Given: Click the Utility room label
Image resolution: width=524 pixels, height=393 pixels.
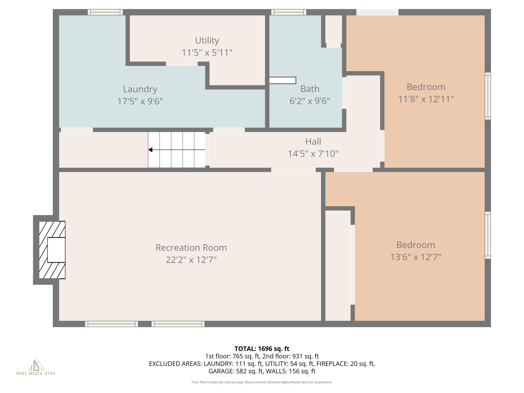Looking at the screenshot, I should [x=207, y=40].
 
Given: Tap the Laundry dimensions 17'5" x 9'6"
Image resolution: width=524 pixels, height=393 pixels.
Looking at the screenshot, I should [x=140, y=101].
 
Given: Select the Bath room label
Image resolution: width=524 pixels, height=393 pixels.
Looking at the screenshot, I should [x=310, y=89].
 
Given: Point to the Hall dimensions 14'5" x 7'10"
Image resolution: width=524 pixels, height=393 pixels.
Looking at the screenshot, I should [x=313, y=154].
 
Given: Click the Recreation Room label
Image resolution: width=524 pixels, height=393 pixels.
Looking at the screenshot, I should [x=191, y=248].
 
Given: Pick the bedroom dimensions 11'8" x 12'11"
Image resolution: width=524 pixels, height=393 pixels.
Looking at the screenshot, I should [x=426, y=99].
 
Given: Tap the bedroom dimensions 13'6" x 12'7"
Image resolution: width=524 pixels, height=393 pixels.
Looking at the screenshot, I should [x=416, y=257].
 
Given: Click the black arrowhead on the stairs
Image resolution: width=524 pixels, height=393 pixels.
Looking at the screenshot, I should [x=150, y=150].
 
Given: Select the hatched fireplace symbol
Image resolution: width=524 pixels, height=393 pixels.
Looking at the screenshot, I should [x=52, y=250].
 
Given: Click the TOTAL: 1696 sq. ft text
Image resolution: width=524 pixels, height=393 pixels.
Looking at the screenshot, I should [x=262, y=349].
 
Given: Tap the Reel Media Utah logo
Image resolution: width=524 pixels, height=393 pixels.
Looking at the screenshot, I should [x=36, y=366].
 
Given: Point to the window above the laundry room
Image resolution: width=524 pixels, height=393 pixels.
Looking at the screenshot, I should [x=105, y=12].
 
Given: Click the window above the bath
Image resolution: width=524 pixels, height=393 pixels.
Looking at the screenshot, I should [x=289, y=12].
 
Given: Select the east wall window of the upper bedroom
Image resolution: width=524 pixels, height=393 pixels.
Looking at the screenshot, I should [x=488, y=96].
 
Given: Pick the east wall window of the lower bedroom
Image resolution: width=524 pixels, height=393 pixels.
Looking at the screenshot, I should [x=488, y=235].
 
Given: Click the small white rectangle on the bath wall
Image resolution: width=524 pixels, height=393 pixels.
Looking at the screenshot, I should [x=282, y=80].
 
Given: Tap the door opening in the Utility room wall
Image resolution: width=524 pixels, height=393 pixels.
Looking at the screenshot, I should [x=182, y=64].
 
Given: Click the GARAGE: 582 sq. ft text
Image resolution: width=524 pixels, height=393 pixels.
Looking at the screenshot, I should [x=235, y=371].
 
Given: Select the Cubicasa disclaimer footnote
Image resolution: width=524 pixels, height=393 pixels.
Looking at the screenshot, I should [x=262, y=382].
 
